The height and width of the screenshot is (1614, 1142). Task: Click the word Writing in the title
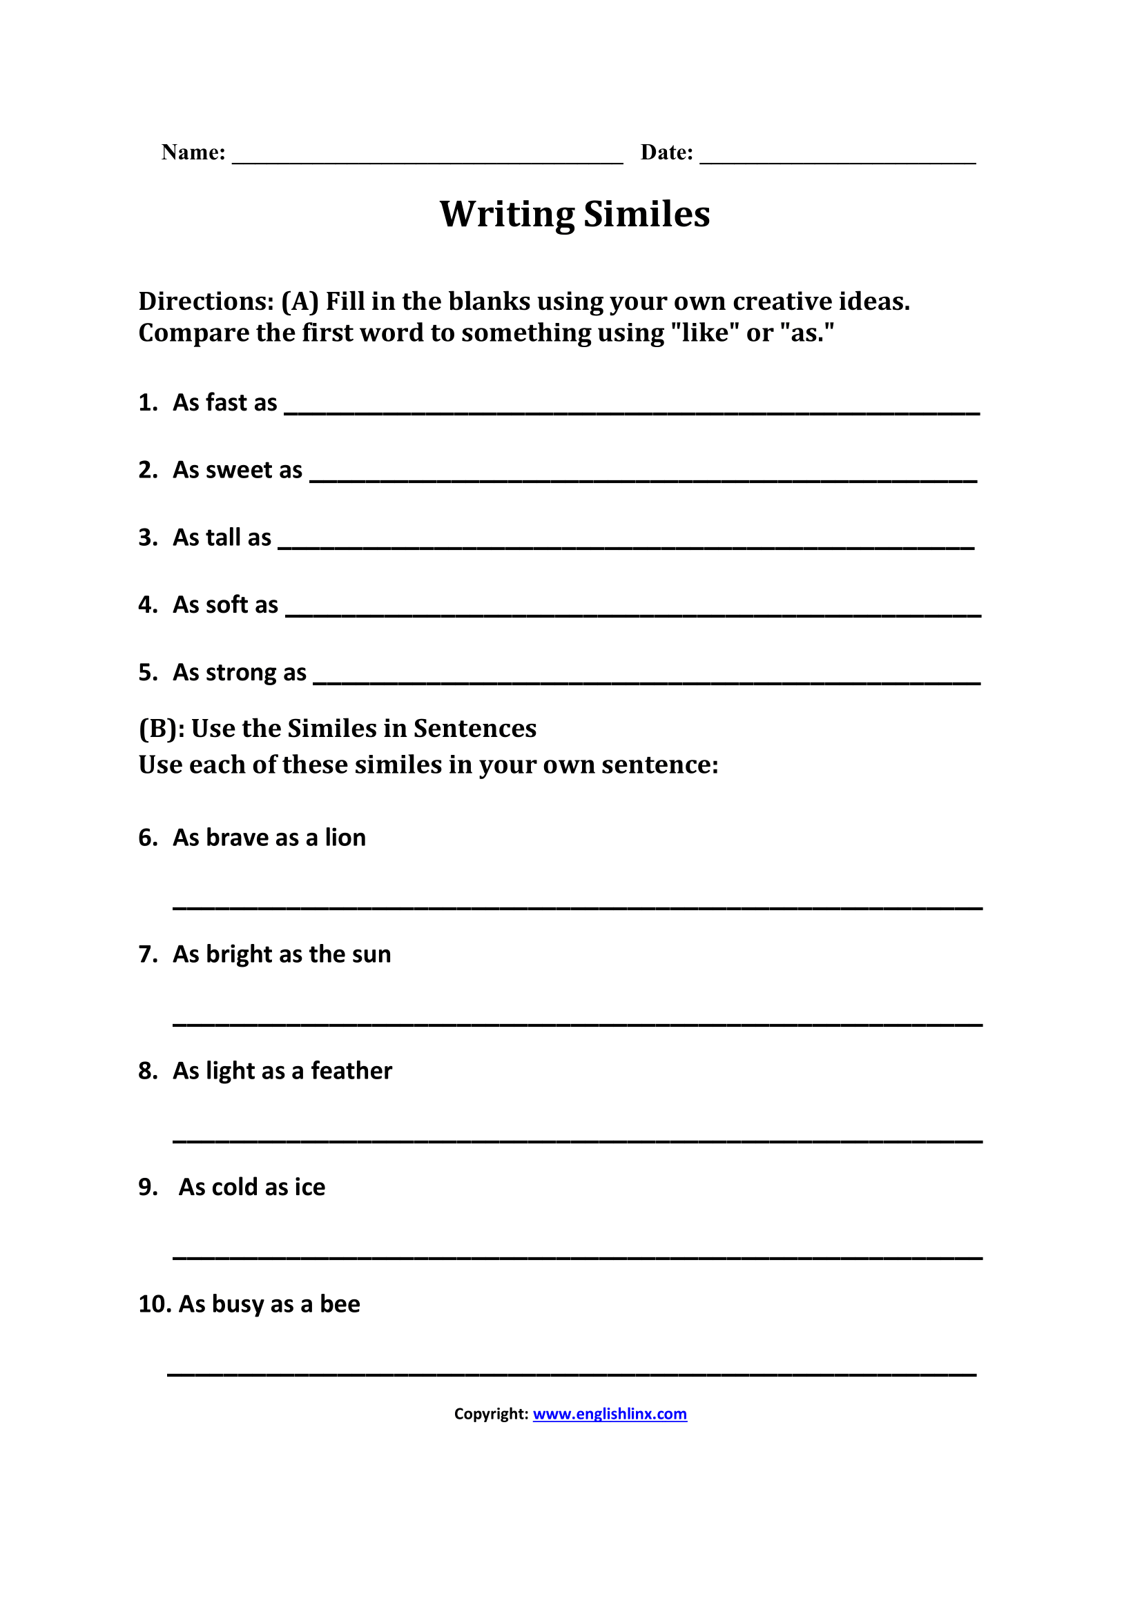[505, 215]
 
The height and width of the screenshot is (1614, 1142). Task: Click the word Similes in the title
[646, 214]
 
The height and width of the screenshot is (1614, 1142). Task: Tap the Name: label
[193, 152]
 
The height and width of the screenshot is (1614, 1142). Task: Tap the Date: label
[666, 152]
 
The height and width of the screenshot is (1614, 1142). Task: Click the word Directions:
[206, 302]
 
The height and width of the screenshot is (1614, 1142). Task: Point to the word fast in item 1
[226, 403]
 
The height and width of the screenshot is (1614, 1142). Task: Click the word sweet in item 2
[238, 470]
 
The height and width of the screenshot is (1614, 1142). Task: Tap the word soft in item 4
[226, 604]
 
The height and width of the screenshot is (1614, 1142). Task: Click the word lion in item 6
[345, 838]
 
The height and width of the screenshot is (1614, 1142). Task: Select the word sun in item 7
[371, 954]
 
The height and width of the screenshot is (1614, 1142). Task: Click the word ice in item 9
[309, 1188]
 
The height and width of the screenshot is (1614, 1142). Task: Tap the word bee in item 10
[340, 1304]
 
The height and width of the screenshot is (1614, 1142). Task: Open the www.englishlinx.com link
[610, 1414]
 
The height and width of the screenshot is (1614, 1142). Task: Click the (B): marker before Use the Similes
[162, 729]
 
